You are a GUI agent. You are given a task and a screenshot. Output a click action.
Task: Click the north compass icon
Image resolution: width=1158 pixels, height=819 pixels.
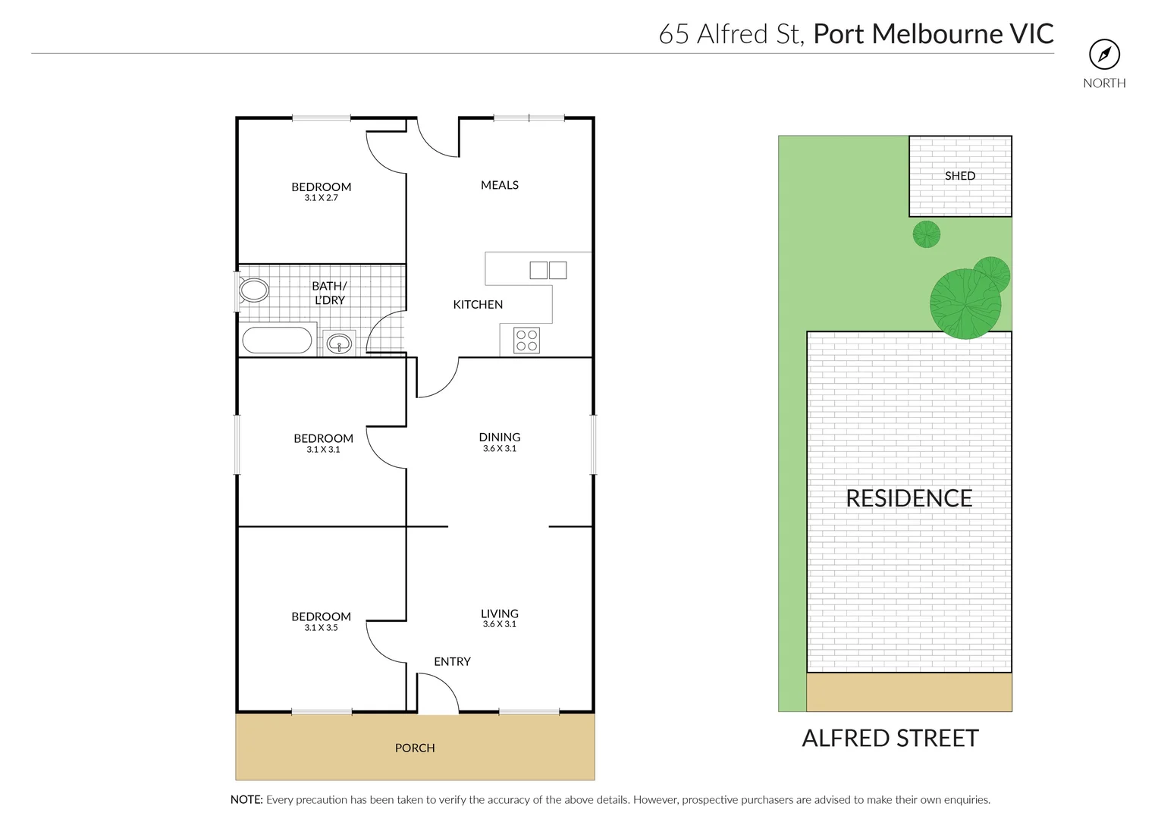pyautogui.click(x=1104, y=55)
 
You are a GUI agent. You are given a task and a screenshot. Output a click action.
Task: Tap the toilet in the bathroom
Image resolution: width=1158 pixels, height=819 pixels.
pyautogui.click(x=253, y=290)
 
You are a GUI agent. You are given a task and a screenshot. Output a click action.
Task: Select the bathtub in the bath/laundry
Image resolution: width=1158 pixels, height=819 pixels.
pyautogui.click(x=277, y=340)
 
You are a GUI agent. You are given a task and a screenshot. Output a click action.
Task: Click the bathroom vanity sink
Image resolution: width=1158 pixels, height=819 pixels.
pyautogui.click(x=339, y=344)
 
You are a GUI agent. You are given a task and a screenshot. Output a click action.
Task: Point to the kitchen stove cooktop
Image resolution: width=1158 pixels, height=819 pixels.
pyautogui.click(x=526, y=340)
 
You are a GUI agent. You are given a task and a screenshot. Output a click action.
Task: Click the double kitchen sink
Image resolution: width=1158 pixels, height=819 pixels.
pyautogui.click(x=548, y=270)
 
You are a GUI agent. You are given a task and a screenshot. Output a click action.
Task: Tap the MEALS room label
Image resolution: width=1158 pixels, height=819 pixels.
pyautogui.click(x=500, y=185)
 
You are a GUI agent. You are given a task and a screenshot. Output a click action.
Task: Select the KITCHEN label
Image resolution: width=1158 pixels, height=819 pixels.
pyautogui.click(x=478, y=305)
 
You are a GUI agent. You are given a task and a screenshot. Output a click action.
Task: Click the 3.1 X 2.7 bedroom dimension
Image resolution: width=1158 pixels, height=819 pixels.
pyautogui.click(x=321, y=198)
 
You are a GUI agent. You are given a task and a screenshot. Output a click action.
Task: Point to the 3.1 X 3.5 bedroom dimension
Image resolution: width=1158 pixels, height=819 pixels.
pyautogui.click(x=321, y=628)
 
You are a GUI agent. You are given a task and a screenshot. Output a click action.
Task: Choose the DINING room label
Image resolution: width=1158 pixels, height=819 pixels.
pyautogui.click(x=500, y=437)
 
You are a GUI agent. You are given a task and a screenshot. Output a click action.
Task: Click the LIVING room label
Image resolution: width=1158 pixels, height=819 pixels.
pyautogui.click(x=500, y=613)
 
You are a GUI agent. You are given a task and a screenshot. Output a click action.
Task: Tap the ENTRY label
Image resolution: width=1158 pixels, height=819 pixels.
pyautogui.click(x=452, y=662)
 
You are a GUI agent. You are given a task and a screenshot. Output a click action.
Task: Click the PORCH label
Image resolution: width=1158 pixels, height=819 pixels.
pyautogui.click(x=415, y=748)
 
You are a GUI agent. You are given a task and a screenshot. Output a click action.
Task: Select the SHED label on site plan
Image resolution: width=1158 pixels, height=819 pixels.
pyautogui.click(x=960, y=176)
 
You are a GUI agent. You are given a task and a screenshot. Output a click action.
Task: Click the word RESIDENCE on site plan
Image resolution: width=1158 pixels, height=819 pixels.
pyautogui.click(x=909, y=498)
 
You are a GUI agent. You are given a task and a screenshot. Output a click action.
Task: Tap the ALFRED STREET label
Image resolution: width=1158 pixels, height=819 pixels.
pyautogui.click(x=890, y=739)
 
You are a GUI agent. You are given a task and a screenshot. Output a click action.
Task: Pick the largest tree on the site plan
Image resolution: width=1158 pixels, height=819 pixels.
pyautogui.click(x=965, y=304)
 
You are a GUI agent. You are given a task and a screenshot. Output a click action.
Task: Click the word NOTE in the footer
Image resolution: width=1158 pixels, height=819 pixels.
pyautogui.click(x=246, y=800)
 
